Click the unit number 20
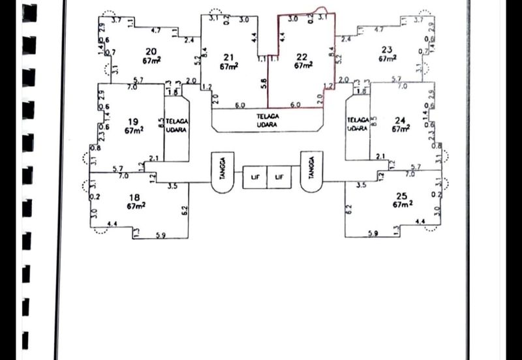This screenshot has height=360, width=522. coord(151,52)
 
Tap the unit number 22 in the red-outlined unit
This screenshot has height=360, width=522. coord(301,57)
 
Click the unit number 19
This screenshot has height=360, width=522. coord(134,121)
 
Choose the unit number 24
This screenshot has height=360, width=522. coord(400,120)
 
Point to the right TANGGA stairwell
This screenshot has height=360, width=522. coord(312,171)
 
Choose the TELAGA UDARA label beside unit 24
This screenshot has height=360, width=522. coord(358,125)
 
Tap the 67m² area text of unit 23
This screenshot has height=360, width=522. coord(388,59)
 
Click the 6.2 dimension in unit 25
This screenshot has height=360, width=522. coord(349,210)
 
